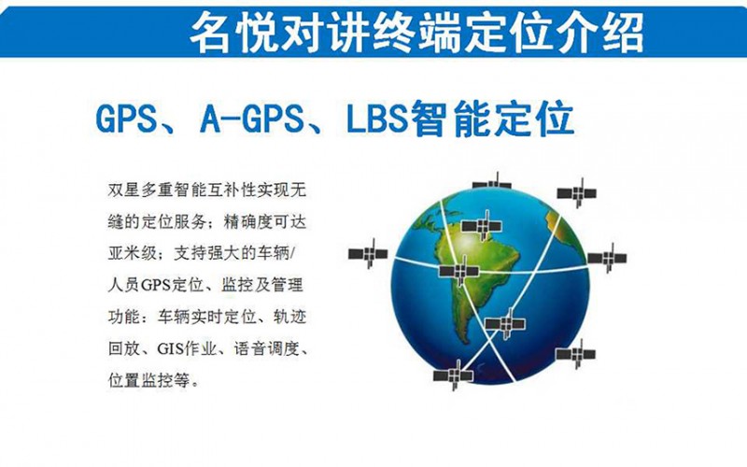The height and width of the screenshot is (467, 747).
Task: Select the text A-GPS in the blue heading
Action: pos(252,118)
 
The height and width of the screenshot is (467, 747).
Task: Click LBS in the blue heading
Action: pos(377,118)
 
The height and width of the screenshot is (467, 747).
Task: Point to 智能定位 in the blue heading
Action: pos(492,118)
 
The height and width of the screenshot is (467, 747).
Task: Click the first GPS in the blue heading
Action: pos(127,118)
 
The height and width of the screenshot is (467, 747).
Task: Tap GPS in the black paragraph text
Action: pos(156,286)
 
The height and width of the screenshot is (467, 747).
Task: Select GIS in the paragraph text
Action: pos(170,348)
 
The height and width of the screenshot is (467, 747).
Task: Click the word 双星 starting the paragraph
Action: pos(124,191)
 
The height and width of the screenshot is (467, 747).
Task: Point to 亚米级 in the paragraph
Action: pos(132,253)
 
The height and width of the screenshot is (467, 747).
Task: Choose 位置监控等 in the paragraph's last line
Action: pos(148,380)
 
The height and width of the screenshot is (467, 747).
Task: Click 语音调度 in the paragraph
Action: pos(267,348)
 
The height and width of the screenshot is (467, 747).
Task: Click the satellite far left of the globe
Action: pos(368,253)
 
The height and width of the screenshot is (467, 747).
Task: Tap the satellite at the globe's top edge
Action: pos(492,182)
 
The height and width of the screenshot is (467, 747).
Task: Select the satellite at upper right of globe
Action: pos(577,193)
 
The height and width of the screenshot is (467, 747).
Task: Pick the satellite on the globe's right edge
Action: pos(607,258)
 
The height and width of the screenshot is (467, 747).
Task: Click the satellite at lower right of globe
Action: pos(576,354)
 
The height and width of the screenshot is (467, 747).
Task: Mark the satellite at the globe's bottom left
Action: pos(453,375)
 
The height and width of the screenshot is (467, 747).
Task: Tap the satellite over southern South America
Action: pos(505,323)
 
